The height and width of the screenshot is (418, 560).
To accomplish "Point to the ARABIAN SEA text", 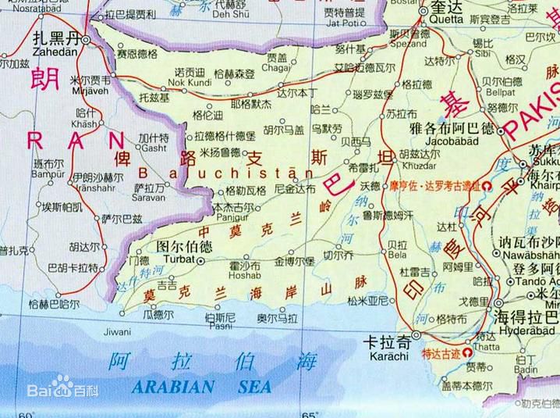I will tap(201, 386).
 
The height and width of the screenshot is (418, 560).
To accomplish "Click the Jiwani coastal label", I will tap(117, 331).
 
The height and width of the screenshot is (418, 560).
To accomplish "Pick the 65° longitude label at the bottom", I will tap(310, 413).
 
